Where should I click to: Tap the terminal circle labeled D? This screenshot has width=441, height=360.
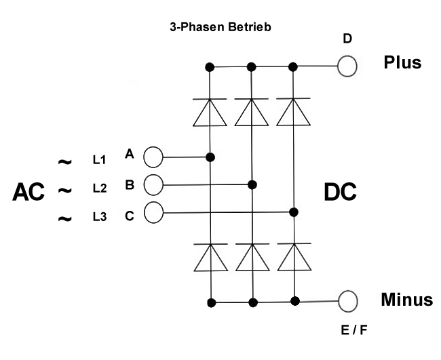pos(347,66)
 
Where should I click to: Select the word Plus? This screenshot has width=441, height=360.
pos(402,62)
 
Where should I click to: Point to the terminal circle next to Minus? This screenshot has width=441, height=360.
pos(348,300)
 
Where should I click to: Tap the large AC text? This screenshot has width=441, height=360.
pos(28,193)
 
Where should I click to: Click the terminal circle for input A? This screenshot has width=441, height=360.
pos(153,157)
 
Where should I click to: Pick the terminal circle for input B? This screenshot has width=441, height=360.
pos(154,184)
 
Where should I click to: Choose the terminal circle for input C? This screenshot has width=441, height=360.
pos(154,212)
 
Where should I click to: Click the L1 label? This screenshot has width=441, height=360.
pos(100,159)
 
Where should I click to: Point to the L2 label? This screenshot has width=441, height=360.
pos(100,187)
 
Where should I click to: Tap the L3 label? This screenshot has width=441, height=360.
pos(100,217)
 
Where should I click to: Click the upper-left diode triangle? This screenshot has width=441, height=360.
pos(210,113)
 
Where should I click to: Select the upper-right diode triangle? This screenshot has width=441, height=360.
pos(294,113)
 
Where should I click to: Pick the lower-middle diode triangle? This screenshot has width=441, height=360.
pos(252,258)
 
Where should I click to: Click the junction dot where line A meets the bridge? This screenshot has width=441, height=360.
pos(210,157)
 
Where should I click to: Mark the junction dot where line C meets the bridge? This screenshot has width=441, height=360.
pos(294,212)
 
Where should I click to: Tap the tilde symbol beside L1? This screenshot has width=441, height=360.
pos(64,163)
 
